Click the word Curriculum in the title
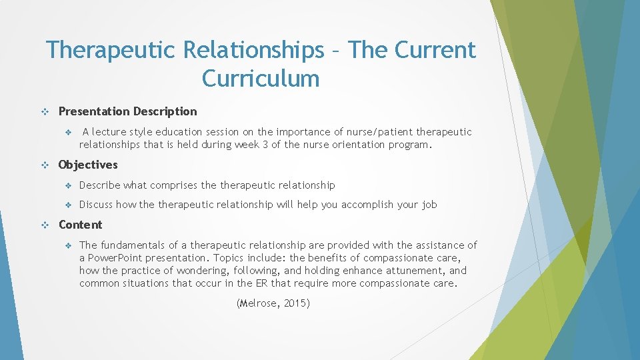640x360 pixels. coord(261,79)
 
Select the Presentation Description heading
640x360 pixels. coord(128,111)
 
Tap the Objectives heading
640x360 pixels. coord(88,165)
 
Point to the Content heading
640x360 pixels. coord(81,225)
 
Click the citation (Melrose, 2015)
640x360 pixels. coord(273,303)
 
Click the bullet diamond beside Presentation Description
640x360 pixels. coord(45,112)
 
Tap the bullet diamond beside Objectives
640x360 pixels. coord(45,165)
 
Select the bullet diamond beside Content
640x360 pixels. coord(45,225)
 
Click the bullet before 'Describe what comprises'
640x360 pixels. coord(67,185)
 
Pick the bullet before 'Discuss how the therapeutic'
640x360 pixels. coord(67,205)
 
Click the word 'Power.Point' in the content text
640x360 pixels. coord(119,258)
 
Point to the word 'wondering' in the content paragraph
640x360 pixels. coord(200,271)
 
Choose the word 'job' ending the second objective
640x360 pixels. coord(429,205)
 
